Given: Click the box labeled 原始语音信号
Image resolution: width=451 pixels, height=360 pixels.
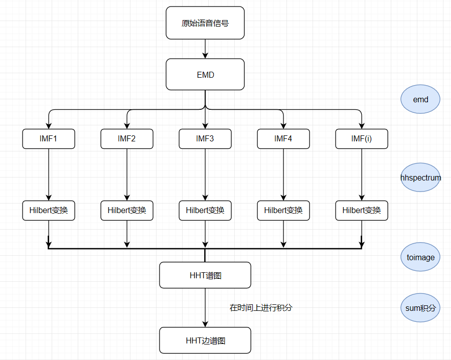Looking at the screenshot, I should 205,23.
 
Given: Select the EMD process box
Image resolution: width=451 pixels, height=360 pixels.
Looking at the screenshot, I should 205,75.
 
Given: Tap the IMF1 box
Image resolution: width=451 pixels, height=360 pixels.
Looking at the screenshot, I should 49,139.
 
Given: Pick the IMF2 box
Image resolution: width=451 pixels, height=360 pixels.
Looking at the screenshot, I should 127,139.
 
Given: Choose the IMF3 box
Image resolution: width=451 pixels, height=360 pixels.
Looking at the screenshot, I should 205,139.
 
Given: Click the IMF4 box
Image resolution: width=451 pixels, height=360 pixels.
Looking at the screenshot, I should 283,139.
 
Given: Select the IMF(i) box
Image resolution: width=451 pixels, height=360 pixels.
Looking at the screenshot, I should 362,139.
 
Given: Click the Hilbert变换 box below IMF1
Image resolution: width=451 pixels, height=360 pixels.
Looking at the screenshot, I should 49,211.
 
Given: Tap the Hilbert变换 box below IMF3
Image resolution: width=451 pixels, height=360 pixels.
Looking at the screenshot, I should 205,211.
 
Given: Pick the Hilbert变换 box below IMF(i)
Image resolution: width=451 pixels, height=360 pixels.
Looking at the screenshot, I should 362,211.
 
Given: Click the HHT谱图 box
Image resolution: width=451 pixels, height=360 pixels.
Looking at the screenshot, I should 205,275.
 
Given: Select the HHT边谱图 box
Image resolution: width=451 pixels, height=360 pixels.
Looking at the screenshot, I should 205,340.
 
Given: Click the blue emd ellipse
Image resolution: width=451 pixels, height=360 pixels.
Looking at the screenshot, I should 420,99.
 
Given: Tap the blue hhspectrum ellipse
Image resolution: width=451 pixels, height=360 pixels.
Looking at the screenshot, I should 420,177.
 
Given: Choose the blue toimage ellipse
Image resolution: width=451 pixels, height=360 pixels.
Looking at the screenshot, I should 420,257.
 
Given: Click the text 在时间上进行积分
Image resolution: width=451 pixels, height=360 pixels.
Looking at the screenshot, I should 261,308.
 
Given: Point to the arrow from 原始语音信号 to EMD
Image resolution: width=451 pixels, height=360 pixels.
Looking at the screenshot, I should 205,49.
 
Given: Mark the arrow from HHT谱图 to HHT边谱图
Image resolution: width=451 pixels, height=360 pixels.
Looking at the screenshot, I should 205,307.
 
